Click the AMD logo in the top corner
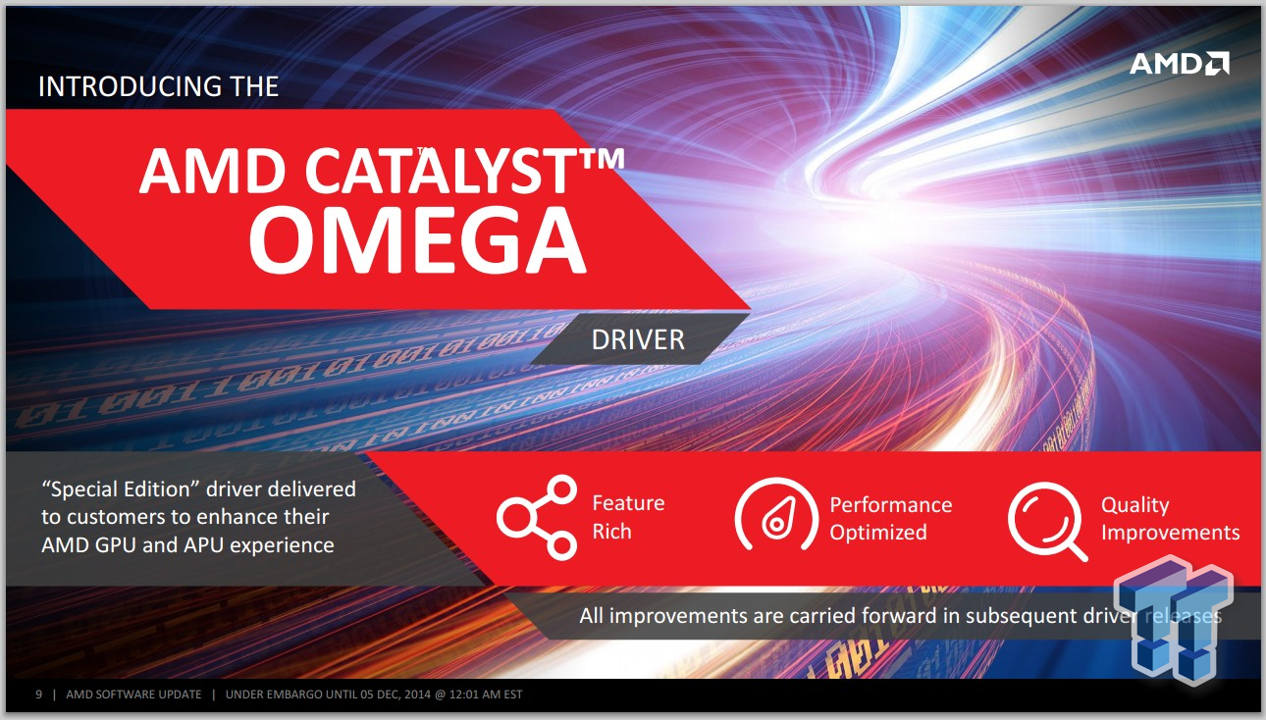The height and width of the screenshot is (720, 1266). click(x=1179, y=63)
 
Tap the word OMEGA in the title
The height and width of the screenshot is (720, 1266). click(x=418, y=240)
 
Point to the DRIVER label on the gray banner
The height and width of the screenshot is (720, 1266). click(x=638, y=340)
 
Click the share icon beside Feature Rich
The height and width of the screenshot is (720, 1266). click(x=537, y=517)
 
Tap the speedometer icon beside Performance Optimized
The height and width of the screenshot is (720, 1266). click(x=776, y=514)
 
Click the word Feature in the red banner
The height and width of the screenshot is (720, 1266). click(x=628, y=502)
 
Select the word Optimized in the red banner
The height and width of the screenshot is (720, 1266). click(x=878, y=533)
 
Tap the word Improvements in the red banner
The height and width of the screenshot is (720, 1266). click(x=1171, y=533)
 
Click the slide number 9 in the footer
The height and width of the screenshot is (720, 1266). click(x=39, y=694)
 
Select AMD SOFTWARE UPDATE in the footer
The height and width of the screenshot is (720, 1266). click(x=133, y=694)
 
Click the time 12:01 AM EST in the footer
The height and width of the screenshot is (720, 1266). click(x=486, y=694)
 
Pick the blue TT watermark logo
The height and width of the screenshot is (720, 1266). click(x=1174, y=620)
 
